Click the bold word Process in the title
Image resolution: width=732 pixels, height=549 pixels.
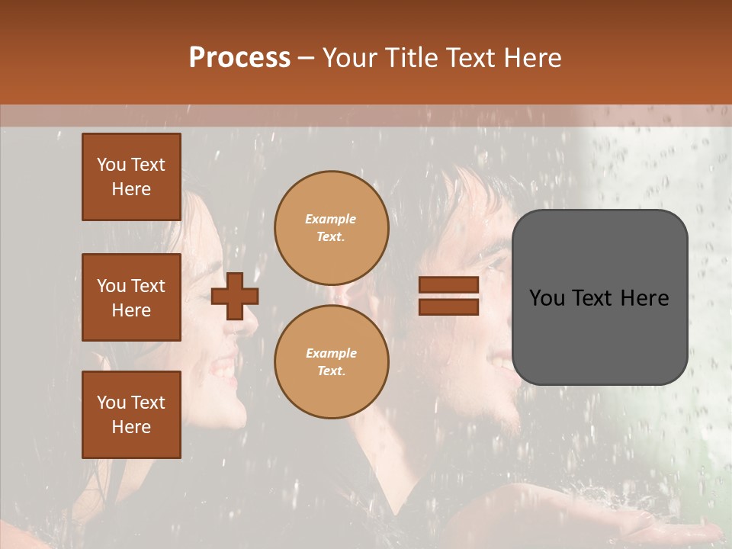[x=239, y=58]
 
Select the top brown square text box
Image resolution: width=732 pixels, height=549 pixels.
[x=131, y=177]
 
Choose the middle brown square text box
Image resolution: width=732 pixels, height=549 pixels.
[x=131, y=297]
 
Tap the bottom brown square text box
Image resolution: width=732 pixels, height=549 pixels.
[x=131, y=415]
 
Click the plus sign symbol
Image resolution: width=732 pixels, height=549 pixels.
[x=235, y=296]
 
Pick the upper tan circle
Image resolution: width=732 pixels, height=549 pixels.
[x=331, y=227]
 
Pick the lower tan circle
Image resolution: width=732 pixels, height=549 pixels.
[x=331, y=361]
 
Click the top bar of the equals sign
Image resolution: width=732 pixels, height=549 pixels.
[x=448, y=285]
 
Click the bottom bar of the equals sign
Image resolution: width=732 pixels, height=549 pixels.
[x=448, y=307]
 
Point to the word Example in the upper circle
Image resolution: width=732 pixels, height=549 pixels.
[x=331, y=219]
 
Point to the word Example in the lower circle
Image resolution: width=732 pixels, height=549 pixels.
[x=331, y=353]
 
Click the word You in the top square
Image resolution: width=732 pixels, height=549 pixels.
[x=111, y=165]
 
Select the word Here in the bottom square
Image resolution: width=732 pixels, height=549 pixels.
[x=131, y=427]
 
